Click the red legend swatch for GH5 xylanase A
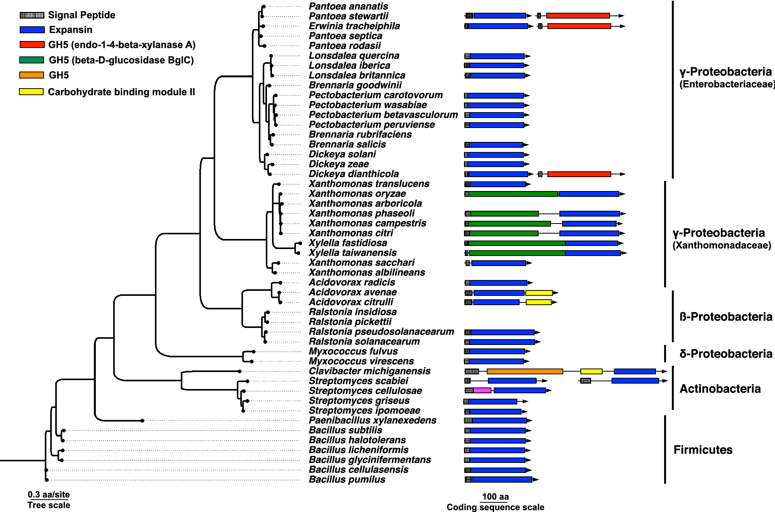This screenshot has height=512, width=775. [x=32, y=45]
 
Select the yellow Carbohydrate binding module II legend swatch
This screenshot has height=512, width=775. [x=31, y=92]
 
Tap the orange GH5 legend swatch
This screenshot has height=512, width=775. [x=32, y=75]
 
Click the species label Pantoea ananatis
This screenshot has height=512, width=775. [x=348, y=6]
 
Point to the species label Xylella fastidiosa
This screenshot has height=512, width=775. [x=348, y=243]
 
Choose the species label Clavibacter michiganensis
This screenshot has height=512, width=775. [x=369, y=371]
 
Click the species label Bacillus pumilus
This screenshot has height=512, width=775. [x=347, y=480]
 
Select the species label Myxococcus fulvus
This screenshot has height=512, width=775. [x=353, y=352]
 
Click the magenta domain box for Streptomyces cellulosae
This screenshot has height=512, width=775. [x=482, y=391]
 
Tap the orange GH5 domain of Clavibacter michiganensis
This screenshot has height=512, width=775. [x=525, y=371]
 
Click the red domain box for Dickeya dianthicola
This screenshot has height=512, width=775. [x=579, y=174]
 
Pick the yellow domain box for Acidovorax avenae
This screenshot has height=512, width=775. [x=539, y=293]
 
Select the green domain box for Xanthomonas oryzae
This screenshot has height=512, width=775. [x=513, y=194]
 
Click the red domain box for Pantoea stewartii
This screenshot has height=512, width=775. [x=578, y=16]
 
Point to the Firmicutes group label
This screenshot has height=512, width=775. [x=703, y=450]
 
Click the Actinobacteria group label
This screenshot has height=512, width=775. [x=720, y=389]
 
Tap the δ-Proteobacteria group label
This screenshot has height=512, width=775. [x=726, y=354]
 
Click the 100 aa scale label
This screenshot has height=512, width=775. [x=495, y=497]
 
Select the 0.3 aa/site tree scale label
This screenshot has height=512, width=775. [x=49, y=495]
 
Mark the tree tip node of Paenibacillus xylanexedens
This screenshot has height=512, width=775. [x=142, y=420]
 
